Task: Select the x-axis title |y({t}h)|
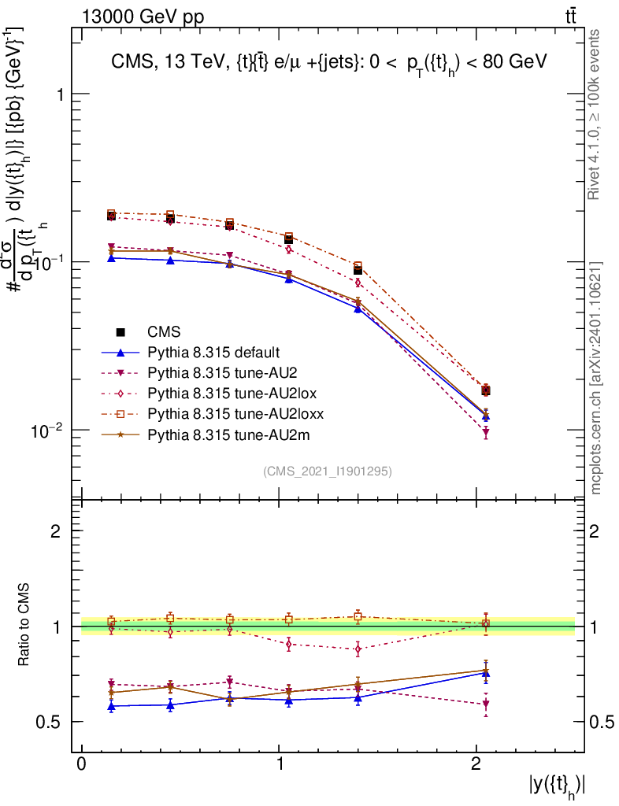557,785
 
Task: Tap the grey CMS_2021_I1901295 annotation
328,471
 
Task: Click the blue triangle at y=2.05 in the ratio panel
486,673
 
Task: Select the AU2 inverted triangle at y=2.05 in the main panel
486,432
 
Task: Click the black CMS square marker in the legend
120,331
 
